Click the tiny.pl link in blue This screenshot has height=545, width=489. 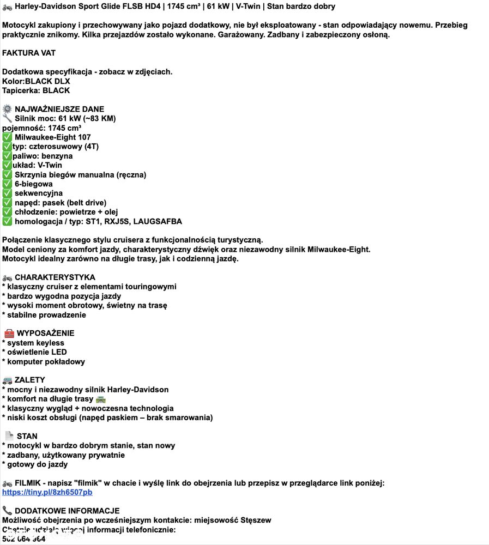coord(47,492)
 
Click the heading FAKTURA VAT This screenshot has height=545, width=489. coord(29,53)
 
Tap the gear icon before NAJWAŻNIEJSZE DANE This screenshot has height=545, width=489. coord(7,109)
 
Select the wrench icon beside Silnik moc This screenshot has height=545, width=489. coord(7,118)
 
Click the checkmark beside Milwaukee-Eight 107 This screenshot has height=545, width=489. coord(7,137)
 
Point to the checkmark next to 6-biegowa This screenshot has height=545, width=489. coord(7,184)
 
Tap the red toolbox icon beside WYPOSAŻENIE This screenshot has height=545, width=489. coord(9,333)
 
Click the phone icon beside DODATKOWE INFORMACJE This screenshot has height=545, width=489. coord(7,511)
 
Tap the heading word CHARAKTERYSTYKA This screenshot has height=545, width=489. coord(55,277)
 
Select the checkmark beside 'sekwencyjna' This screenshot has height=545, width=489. coord(7,193)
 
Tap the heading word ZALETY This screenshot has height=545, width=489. coord(30,380)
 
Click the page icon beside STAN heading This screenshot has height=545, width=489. coord(9,436)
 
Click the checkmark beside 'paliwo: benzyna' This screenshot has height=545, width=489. coord(7,156)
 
